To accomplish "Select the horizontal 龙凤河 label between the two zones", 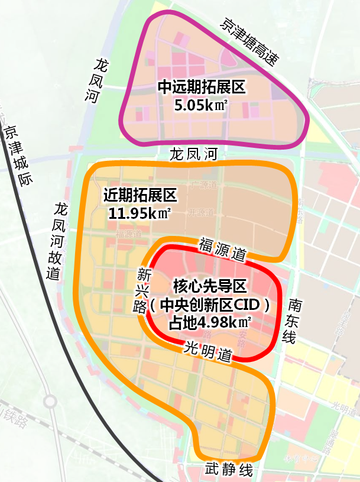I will (x=193, y=155).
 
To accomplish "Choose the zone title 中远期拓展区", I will (x=201, y=88).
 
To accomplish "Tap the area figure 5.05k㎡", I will (x=201, y=106).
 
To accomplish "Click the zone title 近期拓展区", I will (x=140, y=195).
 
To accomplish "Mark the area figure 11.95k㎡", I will (x=140, y=213).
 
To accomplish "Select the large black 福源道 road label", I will (x=222, y=249).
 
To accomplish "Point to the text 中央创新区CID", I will (x=209, y=305).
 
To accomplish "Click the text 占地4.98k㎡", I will (x=209, y=323).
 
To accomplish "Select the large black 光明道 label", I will (x=207, y=352).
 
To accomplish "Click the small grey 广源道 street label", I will (x=205, y=186).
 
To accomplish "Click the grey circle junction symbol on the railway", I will (x=50, y=402).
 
